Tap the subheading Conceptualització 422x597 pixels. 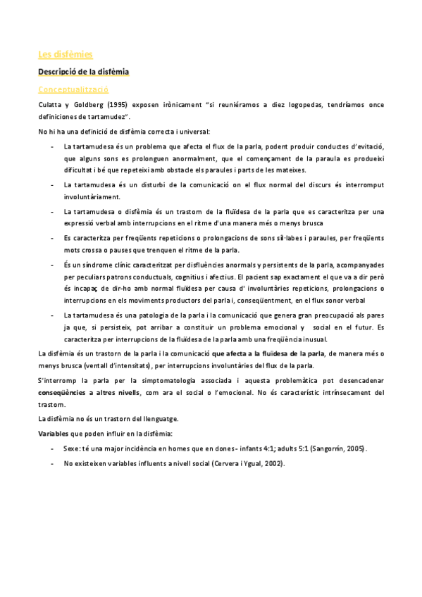[x=73, y=89]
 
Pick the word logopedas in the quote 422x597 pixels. [x=307, y=105]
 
